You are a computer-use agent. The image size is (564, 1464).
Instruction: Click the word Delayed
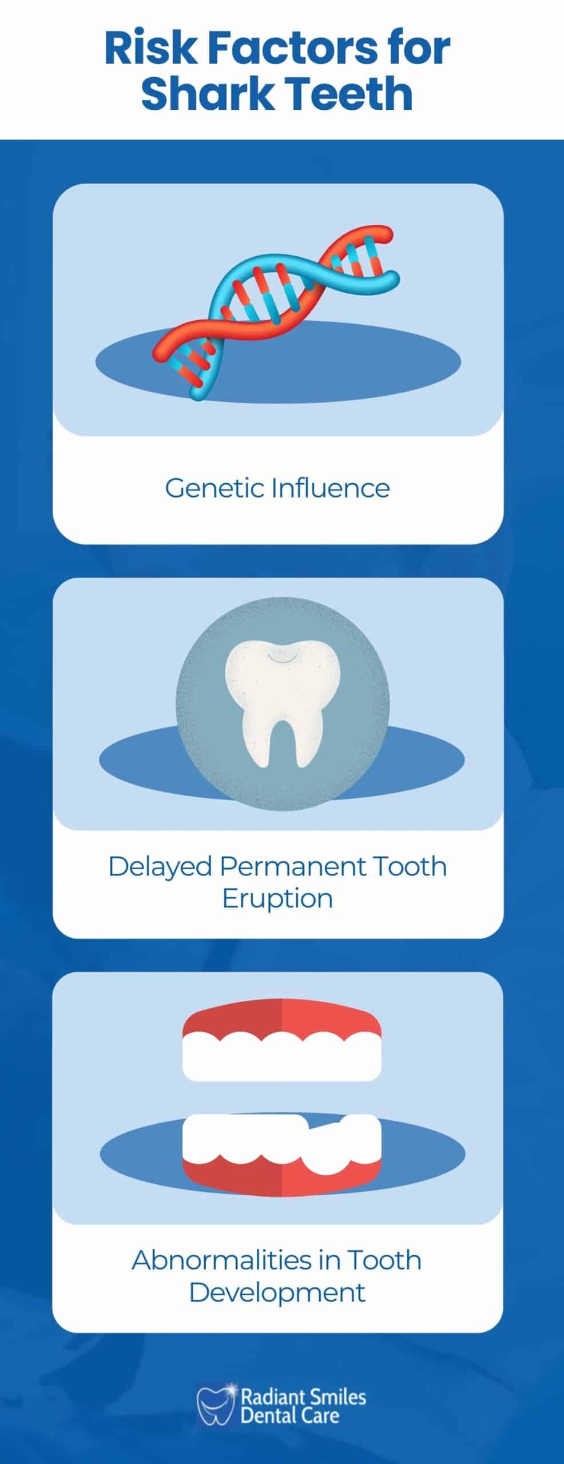(160, 866)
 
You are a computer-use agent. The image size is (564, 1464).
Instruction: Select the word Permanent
(291, 866)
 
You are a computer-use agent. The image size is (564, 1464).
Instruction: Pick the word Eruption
(277, 898)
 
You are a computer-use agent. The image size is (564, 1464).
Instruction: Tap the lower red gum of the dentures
(281, 1169)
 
